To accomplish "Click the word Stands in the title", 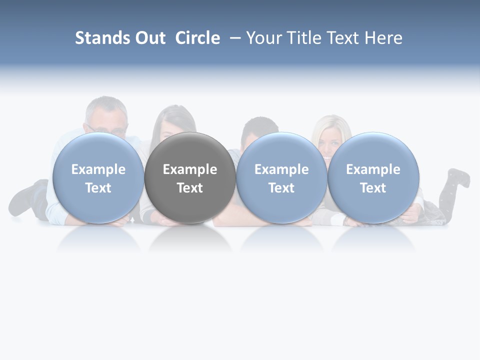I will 102,38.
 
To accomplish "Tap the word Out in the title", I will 150,38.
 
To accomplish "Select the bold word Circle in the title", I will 197,38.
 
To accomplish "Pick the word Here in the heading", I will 383,38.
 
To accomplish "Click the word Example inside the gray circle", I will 190,169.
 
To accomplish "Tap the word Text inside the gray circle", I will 190,188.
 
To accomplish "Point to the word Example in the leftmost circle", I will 98,169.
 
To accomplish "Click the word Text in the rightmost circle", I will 373,188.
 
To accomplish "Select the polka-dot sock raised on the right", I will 457,182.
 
